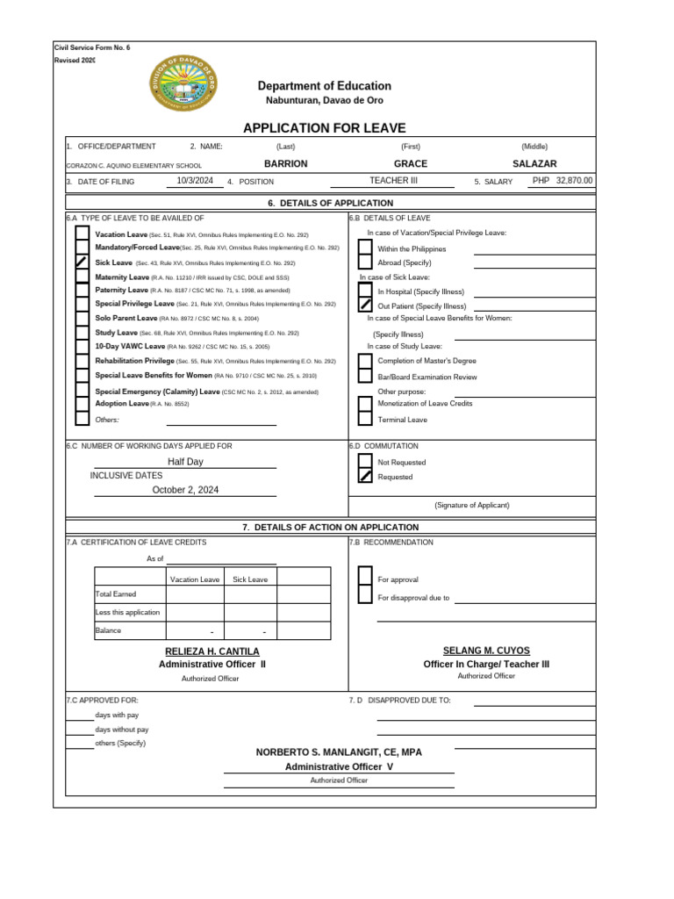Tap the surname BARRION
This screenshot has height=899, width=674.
tap(286, 164)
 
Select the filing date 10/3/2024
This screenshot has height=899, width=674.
tap(195, 181)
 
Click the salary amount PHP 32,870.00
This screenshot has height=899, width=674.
tap(563, 181)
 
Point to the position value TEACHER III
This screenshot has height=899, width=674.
tap(394, 181)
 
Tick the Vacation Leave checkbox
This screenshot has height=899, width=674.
tap(82, 234)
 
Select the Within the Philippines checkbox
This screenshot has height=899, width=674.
tap(365, 248)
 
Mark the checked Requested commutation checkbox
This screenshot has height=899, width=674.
tap(365, 477)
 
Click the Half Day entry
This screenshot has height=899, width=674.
tap(185, 462)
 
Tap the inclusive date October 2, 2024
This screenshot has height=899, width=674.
tap(185, 490)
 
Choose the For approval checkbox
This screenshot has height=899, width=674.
tap(365, 579)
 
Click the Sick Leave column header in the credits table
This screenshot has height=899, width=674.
tap(250, 579)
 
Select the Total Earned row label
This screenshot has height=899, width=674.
tap(116, 594)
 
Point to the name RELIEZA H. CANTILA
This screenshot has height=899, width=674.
tap(212, 651)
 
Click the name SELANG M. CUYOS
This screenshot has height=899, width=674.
tap(486, 651)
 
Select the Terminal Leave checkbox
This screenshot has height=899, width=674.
tap(365, 420)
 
